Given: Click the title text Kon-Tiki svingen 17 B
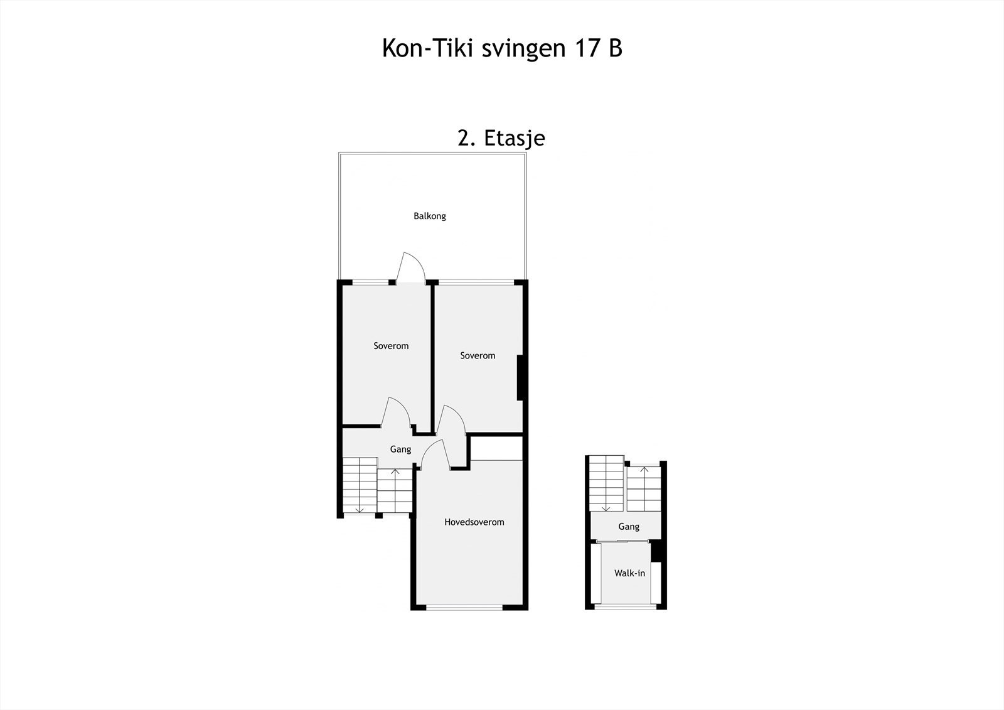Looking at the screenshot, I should click(x=502, y=48).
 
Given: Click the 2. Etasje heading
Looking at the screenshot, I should click(x=501, y=138).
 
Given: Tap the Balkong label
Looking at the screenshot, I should click(x=430, y=216).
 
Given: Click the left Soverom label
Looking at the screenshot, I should click(x=391, y=346).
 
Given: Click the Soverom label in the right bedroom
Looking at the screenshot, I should click(x=478, y=355).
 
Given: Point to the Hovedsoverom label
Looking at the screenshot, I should click(x=474, y=522).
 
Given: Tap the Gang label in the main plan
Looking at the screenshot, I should click(x=400, y=449).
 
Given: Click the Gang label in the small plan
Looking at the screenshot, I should click(x=628, y=526).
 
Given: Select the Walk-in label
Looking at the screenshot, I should click(x=629, y=573).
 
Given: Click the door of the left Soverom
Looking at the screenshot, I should click(x=397, y=412).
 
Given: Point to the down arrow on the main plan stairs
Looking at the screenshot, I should click(x=358, y=508).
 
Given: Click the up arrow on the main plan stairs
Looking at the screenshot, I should click(x=395, y=472).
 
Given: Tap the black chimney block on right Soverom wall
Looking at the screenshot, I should click(x=520, y=377).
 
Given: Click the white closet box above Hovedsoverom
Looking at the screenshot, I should click(x=496, y=448).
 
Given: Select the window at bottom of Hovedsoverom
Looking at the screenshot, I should click(x=464, y=607).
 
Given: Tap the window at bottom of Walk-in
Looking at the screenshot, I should click(x=626, y=607).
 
